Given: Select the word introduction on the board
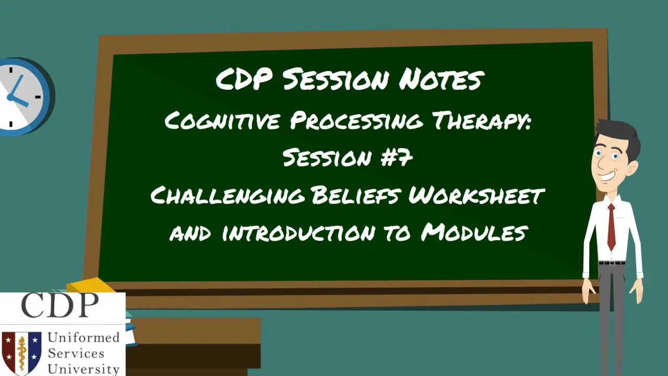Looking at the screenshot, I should tap(298, 232).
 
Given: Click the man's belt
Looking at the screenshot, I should tap(612, 263).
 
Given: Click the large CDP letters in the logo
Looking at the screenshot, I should tap(59, 305).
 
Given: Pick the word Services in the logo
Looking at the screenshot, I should tap(76, 354).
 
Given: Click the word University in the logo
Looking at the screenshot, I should tap(83, 369).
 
